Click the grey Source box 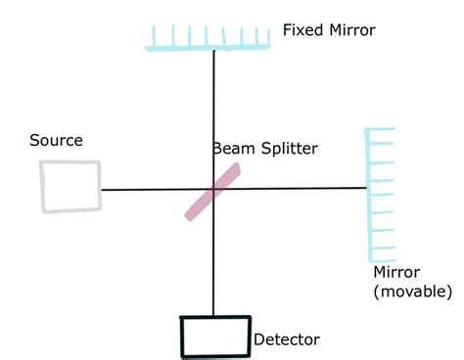tap(70, 186)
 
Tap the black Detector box tap(214, 337)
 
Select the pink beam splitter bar tap(212, 191)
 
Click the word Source tap(56, 141)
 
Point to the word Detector tap(286, 340)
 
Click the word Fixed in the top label tap(302, 30)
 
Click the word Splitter tap(288, 149)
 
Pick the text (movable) tap(412, 291)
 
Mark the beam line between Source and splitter tap(147, 189)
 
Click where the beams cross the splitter tap(213, 189)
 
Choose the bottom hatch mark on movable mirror tap(383, 252)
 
